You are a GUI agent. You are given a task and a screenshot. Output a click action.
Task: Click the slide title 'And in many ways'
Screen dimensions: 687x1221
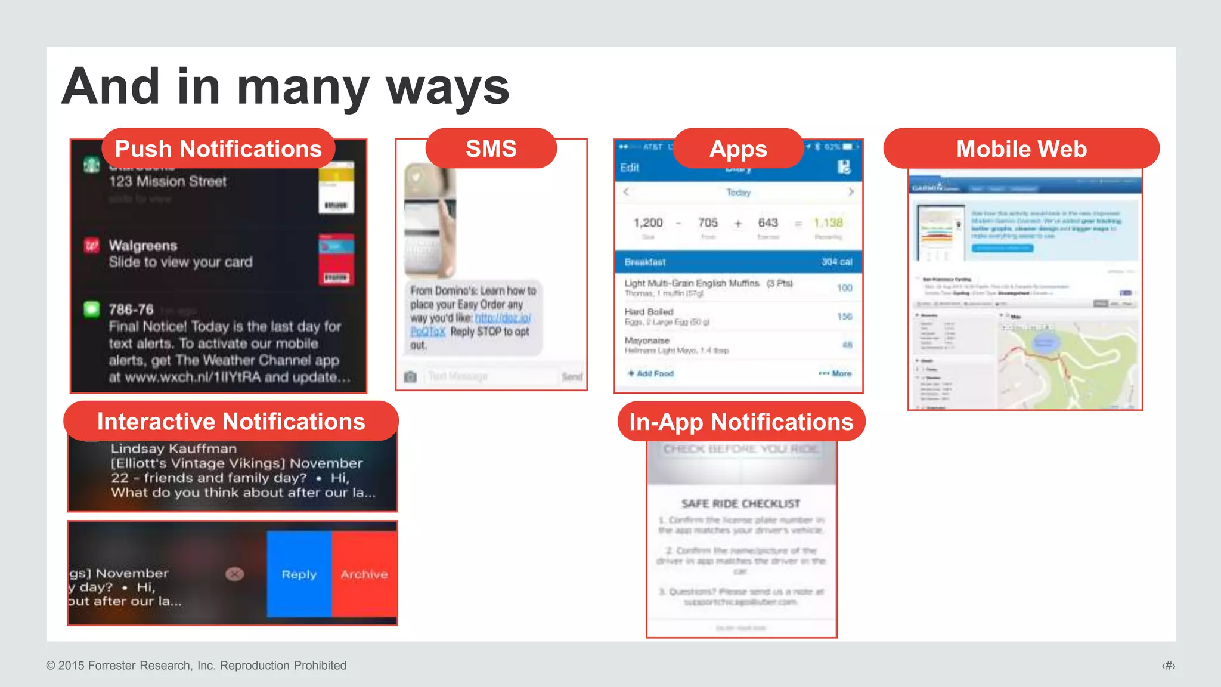[x=285, y=87]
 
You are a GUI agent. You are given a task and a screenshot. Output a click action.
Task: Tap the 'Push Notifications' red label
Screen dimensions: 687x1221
[x=218, y=148]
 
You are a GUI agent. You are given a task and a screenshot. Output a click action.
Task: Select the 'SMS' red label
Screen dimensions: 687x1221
[x=491, y=148]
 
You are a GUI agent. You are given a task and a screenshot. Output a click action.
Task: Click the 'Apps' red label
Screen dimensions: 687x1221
[x=738, y=148]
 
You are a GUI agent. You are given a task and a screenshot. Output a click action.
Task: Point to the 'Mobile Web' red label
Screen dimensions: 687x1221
[x=1021, y=148]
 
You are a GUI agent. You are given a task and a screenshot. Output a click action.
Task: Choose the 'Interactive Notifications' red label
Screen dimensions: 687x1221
[x=231, y=422]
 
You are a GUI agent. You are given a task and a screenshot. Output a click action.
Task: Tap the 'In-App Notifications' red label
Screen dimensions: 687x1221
[x=741, y=422]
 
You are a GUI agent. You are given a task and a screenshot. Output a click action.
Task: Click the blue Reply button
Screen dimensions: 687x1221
[x=299, y=574]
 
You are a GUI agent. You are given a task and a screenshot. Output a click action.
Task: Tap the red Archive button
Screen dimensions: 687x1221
[x=364, y=574]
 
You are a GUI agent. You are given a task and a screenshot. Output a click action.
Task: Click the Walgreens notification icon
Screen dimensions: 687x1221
[x=91, y=246]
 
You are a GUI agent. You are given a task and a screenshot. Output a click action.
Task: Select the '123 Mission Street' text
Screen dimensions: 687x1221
[x=168, y=181]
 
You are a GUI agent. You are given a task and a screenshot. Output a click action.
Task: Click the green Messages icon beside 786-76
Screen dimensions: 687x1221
[x=91, y=309]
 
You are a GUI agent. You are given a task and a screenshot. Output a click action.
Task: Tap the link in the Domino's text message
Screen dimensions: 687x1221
[x=502, y=318]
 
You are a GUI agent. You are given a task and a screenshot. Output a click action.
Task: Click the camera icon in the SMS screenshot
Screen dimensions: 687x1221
[x=410, y=377]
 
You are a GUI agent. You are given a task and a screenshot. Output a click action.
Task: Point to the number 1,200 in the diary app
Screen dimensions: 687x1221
[x=648, y=222]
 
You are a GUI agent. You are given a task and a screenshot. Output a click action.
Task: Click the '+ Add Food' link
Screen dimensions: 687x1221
[x=650, y=373]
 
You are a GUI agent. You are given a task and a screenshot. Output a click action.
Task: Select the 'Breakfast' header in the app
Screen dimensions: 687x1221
[x=645, y=262]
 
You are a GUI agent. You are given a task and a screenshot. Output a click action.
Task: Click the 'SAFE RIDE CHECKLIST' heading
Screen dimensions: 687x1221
[x=741, y=504]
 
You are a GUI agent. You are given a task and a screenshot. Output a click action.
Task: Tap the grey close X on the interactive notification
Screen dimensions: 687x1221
[x=235, y=574]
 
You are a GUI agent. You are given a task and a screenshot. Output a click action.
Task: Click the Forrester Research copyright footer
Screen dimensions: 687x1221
[x=196, y=666]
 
